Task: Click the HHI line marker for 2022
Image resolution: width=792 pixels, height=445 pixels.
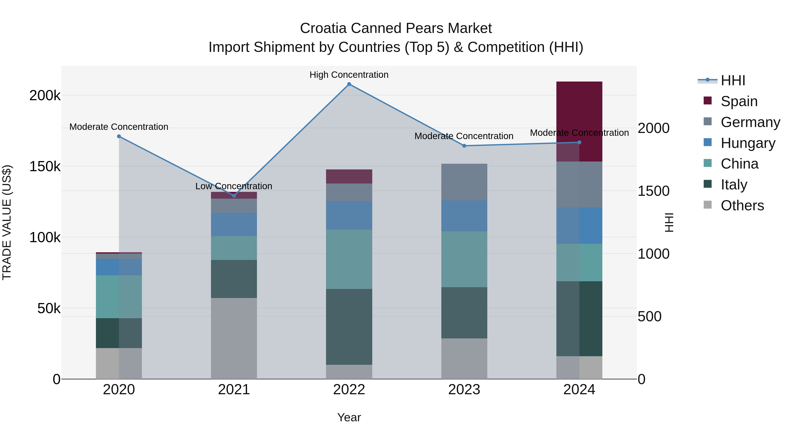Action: pyautogui.click(x=349, y=84)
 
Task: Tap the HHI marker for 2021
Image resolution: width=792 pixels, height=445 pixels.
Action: pyautogui.click(x=234, y=196)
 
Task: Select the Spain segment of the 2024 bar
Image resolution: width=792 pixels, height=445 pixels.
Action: pyautogui.click(x=579, y=121)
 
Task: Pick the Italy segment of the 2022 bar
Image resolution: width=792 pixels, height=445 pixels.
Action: pyautogui.click(x=349, y=327)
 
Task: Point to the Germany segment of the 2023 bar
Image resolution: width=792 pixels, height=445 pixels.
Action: pyautogui.click(x=464, y=182)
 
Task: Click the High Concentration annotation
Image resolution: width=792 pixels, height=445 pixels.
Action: pyautogui.click(x=349, y=75)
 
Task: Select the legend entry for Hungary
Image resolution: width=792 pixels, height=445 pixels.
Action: pyautogui.click(x=748, y=143)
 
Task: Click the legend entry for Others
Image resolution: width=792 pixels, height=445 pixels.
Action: pyautogui.click(x=742, y=205)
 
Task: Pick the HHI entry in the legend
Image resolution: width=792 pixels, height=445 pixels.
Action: pyautogui.click(x=733, y=80)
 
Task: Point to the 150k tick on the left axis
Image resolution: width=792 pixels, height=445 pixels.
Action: pyautogui.click(x=45, y=166)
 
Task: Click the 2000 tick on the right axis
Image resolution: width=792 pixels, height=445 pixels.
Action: pyautogui.click(x=653, y=128)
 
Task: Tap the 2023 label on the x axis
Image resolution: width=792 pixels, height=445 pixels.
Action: pyautogui.click(x=464, y=390)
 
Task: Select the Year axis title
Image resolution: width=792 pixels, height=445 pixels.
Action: pyautogui.click(x=349, y=417)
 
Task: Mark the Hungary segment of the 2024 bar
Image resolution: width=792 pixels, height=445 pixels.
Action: pyautogui.click(x=579, y=225)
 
